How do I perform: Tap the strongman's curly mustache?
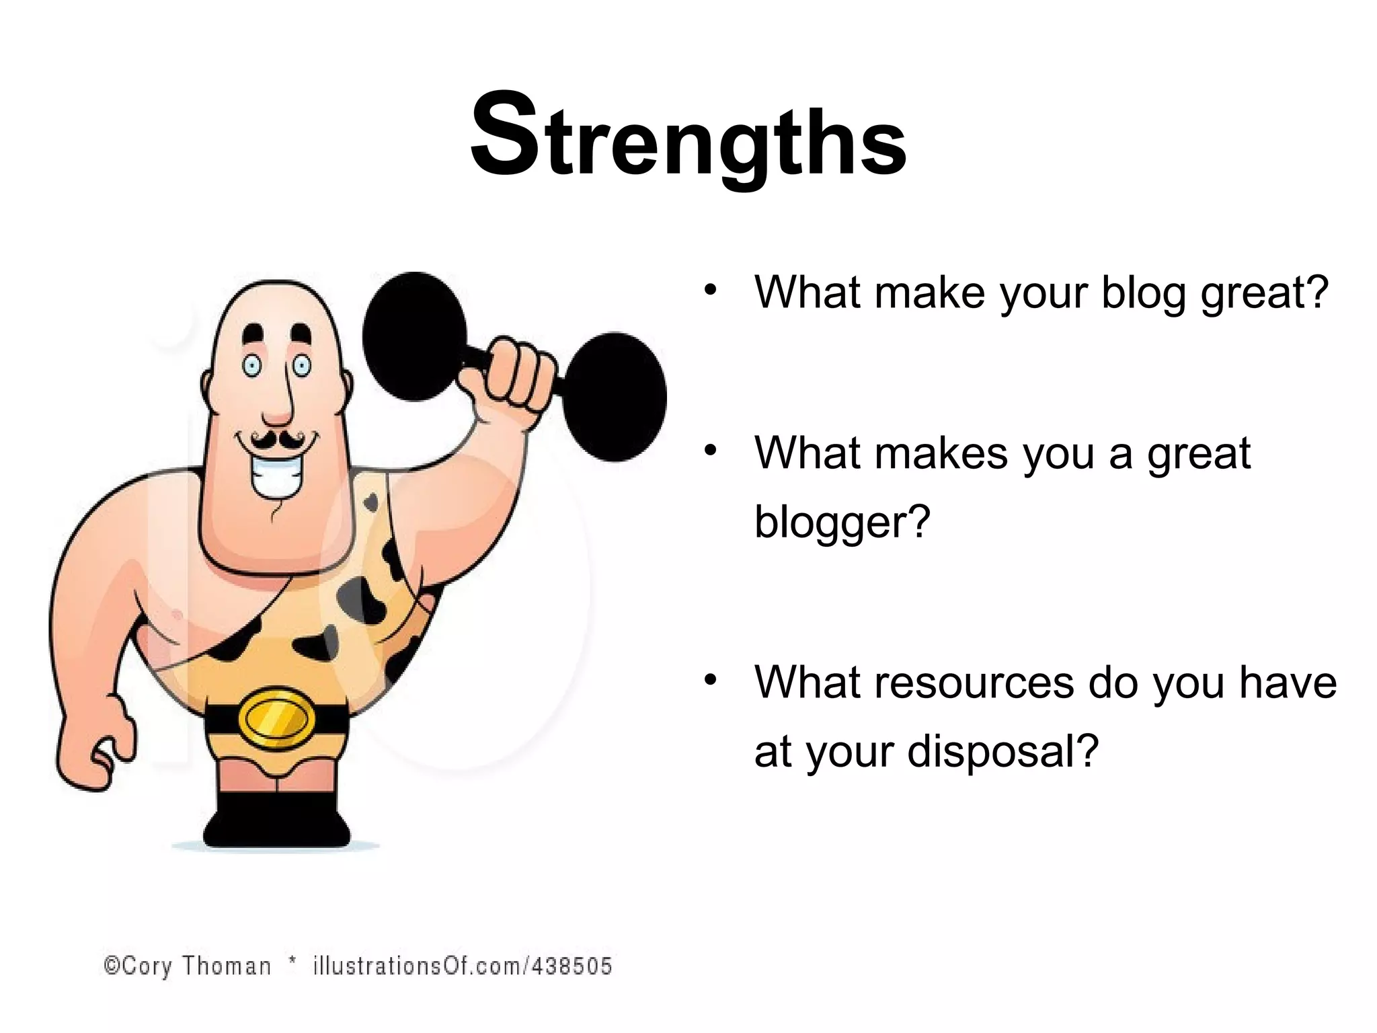point(276,441)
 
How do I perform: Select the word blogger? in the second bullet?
point(842,522)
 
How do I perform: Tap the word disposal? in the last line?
point(1002,751)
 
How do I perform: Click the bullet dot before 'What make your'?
point(710,290)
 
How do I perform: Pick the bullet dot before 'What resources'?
point(710,680)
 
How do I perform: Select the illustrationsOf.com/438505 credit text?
point(463,966)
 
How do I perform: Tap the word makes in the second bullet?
point(942,453)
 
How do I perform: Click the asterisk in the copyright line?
point(292,962)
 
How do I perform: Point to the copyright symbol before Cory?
point(112,966)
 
